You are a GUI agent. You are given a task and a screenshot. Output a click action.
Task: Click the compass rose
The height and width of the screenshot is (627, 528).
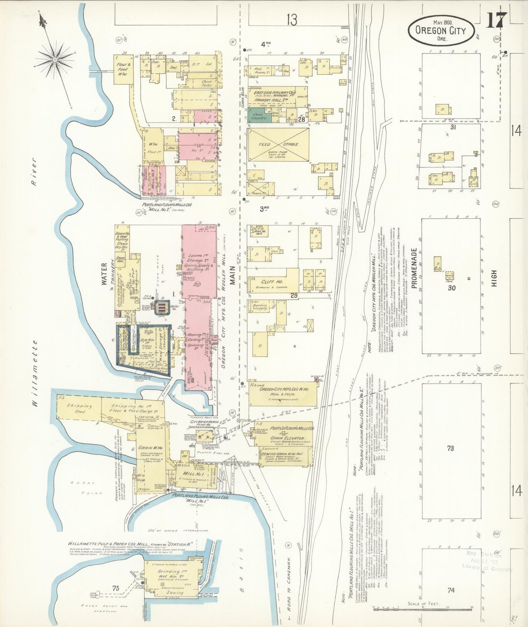click(x=55, y=59)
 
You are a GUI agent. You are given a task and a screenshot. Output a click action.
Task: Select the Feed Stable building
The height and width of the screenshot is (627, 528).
click(x=278, y=145)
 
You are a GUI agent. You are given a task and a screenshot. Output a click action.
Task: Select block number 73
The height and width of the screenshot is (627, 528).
click(x=450, y=448)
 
